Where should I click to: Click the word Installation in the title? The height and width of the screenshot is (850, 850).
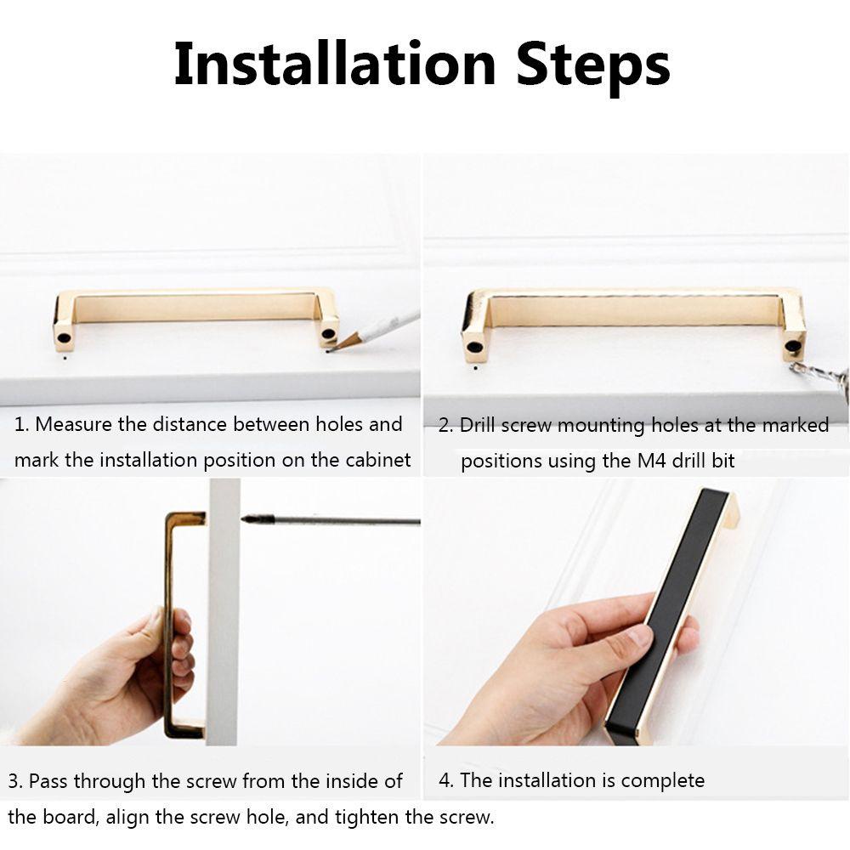click(335, 64)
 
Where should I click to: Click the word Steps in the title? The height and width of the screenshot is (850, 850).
click(593, 68)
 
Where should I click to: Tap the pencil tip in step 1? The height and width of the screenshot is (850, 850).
click(329, 351)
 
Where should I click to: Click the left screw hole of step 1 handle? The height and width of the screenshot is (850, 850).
click(64, 337)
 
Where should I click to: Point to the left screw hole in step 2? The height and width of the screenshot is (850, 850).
click(474, 348)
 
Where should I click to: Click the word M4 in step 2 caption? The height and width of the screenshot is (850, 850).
click(651, 461)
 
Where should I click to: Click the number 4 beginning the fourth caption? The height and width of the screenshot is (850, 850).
click(445, 780)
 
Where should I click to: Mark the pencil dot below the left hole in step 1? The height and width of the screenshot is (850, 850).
click(65, 358)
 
